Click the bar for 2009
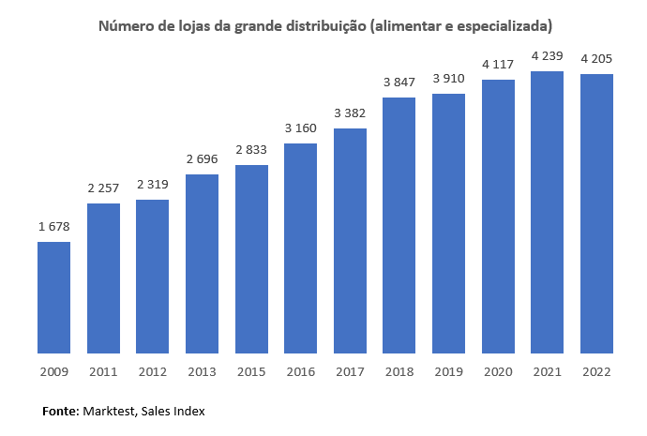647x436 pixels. pyautogui.click(x=53, y=297)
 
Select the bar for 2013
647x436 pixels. pyautogui.click(x=202, y=263)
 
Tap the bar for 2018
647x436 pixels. pyautogui.click(x=399, y=225)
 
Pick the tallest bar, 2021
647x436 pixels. pyautogui.click(x=547, y=212)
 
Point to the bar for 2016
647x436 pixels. pyautogui.click(x=301, y=248)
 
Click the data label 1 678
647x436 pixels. pyautogui.click(x=53, y=227)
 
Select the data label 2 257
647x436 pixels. pyautogui.click(x=103, y=188)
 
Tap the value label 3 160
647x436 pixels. pyautogui.click(x=301, y=128)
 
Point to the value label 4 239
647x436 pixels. pyautogui.click(x=547, y=56)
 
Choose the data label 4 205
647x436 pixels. pyautogui.click(x=596, y=59)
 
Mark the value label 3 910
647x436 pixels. pyautogui.click(x=448, y=79)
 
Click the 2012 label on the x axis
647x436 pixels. pyautogui.click(x=152, y=371)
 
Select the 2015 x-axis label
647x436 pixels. pyautogui.click(x=251, y=371)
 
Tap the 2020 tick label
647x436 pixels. pyautogui.click(x=498, y=371)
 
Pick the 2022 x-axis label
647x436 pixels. pyautogui.click(x=596, y=371)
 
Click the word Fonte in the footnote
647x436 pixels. pyautogui.click(x=61, y=411)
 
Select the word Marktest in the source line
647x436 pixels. pyautogui.click(x=110, y=411)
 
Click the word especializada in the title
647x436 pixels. pyautogui.click(x=501, y=25)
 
